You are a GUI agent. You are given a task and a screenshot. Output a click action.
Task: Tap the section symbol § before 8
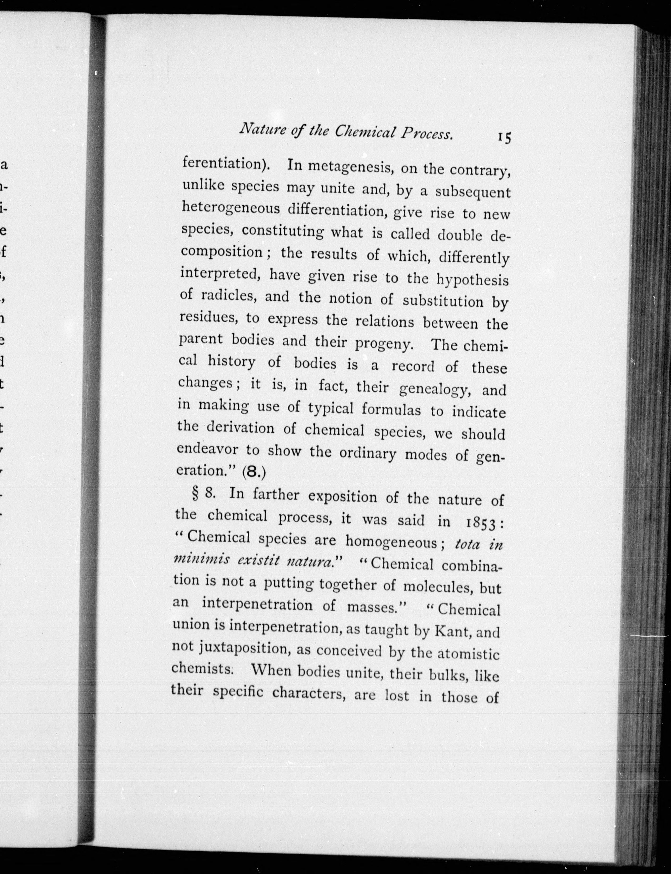pos(195,494)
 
